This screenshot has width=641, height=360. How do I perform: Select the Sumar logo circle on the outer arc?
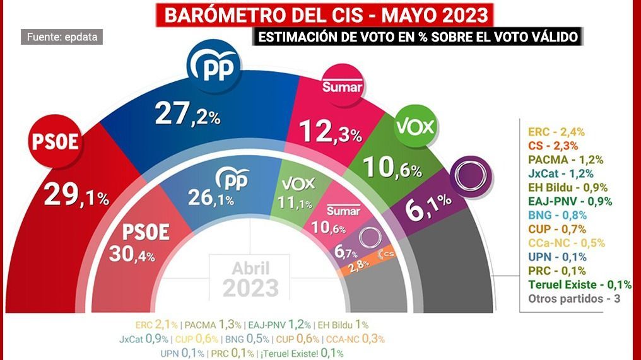[x=342, y=86]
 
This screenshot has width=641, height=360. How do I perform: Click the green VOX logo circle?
[x=415, y=127]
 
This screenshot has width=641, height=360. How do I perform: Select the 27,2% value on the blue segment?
[x=187, y=115]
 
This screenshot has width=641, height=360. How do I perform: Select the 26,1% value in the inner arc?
[x=211, y=199]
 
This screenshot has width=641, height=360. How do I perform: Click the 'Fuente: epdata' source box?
[x=62, y=37]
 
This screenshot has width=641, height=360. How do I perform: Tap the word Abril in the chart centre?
[x=250, y=268]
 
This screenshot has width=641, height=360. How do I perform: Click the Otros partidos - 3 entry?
[x=573, y=298]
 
